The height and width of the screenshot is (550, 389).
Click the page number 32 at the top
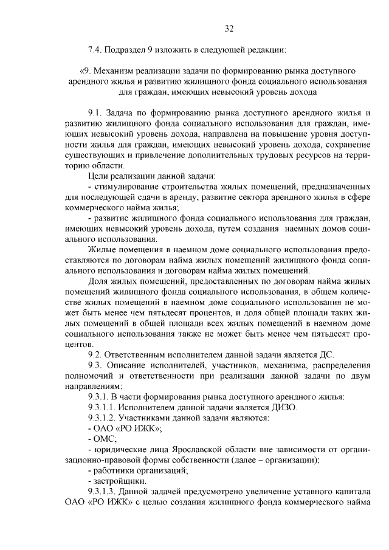tap(229, 28)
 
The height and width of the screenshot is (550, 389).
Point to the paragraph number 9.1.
tap(96, 114)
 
